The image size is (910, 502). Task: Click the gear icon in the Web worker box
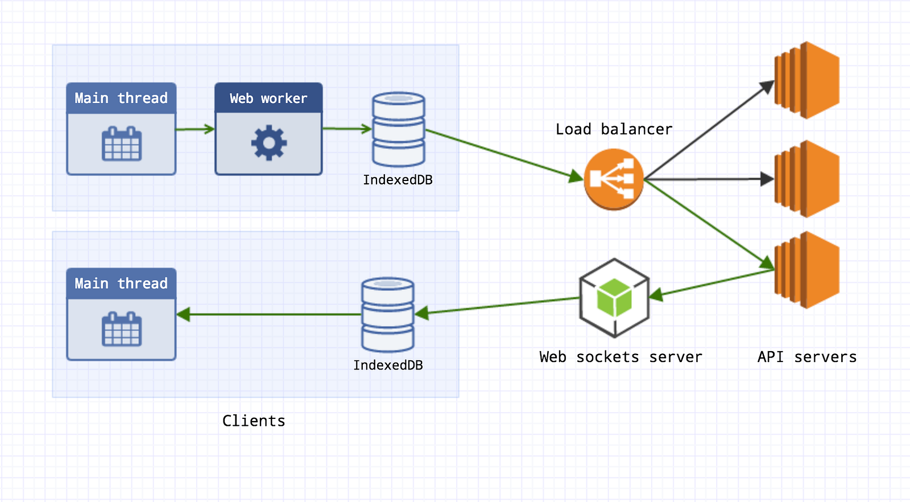269,143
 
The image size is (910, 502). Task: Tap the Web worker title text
268,98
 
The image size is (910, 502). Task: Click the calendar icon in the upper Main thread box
121,144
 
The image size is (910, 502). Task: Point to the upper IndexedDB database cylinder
398,129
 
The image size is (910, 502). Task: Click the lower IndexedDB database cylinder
388,314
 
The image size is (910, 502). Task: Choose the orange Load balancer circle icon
614,179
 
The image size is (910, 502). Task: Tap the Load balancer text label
614,129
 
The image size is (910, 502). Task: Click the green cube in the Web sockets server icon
614,297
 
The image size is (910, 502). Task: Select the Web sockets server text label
621,357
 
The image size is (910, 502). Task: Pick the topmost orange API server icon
807,80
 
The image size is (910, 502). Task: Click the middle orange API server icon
807,179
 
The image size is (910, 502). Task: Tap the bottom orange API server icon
807,270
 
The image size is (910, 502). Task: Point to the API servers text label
806,357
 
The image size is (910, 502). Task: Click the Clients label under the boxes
254,421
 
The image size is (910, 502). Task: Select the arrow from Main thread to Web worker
195,129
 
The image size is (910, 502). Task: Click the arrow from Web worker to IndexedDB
346,129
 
